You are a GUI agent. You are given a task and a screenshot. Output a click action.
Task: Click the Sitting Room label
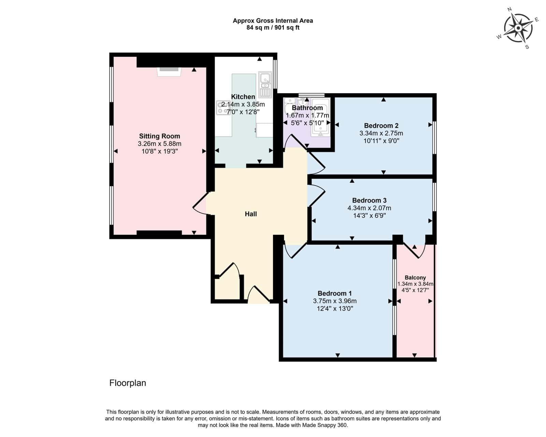pos(159,136)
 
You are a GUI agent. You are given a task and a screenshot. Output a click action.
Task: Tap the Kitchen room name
pos(243,97)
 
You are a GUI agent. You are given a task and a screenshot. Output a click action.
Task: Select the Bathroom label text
pos(307,108)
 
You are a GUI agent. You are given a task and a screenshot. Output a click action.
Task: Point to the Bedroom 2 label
pos(381,126)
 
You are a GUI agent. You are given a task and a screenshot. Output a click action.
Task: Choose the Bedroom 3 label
pos(369,200)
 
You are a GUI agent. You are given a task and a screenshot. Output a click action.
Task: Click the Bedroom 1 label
pos(335,293)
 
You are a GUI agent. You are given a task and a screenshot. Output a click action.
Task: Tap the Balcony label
pos(415,278)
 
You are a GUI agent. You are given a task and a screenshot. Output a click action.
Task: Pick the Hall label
pos(251,214)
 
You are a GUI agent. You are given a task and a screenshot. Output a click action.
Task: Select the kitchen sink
pos(265,85)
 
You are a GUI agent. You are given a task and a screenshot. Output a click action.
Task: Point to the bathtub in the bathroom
pos(320,117)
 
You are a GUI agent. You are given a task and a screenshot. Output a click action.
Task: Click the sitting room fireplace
pos(169,72)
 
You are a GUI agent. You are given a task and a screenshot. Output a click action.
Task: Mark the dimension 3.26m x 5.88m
pos(159,144)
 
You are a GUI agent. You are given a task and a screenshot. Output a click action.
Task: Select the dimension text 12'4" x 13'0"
pos(335,309)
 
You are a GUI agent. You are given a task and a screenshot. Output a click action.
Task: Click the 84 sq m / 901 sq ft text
pos(273,27)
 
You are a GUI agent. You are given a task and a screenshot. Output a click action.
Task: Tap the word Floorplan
pos(128,383)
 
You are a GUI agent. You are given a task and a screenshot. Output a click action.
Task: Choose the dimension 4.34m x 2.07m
pos(369,208)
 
